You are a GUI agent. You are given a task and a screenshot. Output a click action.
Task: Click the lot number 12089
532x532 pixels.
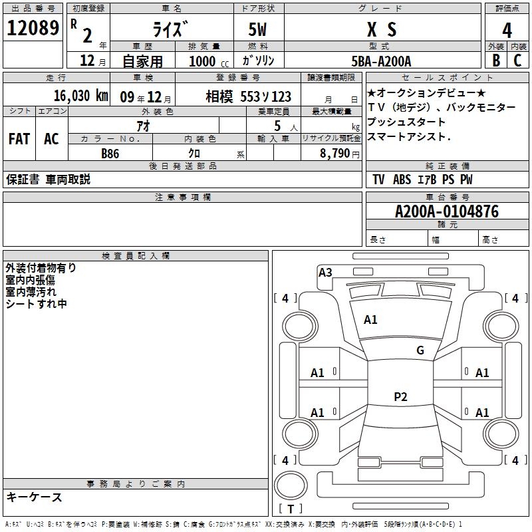coord(33,28)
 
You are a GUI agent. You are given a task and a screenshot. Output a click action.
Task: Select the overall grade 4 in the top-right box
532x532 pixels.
coord(507,31)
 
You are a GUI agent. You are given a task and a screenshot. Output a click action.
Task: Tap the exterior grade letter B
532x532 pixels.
coord(496,61)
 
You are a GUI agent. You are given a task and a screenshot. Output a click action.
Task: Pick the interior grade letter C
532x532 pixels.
coord(517,61)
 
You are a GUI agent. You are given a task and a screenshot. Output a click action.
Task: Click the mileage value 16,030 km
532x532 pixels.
coord(81,96)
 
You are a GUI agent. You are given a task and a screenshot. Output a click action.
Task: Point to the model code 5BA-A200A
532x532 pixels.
coord(381,61)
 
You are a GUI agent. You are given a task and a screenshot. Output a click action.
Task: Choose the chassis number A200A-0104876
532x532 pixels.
coord(447,211)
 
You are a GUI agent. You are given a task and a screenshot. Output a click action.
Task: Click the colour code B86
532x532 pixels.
coord(110,154)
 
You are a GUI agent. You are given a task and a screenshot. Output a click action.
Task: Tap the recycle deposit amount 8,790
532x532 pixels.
coord(335,154)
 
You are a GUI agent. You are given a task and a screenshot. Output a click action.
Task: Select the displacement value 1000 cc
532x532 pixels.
coord(209,61)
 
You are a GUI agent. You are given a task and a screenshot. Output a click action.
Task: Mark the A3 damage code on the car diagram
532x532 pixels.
coord(325,273)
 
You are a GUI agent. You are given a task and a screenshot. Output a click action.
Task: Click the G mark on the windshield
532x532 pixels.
coord(420,350)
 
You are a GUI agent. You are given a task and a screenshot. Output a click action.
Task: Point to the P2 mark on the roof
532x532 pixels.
coord(400,396)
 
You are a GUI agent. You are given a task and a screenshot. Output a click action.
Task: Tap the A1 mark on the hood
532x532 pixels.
coord(370,320)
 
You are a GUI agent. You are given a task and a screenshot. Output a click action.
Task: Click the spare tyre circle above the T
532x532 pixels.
coord(291,485)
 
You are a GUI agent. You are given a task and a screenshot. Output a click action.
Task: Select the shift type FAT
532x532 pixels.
coord(19,139)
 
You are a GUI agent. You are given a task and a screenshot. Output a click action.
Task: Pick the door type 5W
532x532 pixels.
coord(257,29)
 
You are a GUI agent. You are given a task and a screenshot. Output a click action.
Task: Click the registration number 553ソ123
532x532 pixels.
coord(265,96)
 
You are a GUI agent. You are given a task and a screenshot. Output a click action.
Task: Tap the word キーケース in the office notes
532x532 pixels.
coord(35,497)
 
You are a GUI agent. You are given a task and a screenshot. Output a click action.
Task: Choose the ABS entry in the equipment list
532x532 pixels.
coord(402,180)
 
